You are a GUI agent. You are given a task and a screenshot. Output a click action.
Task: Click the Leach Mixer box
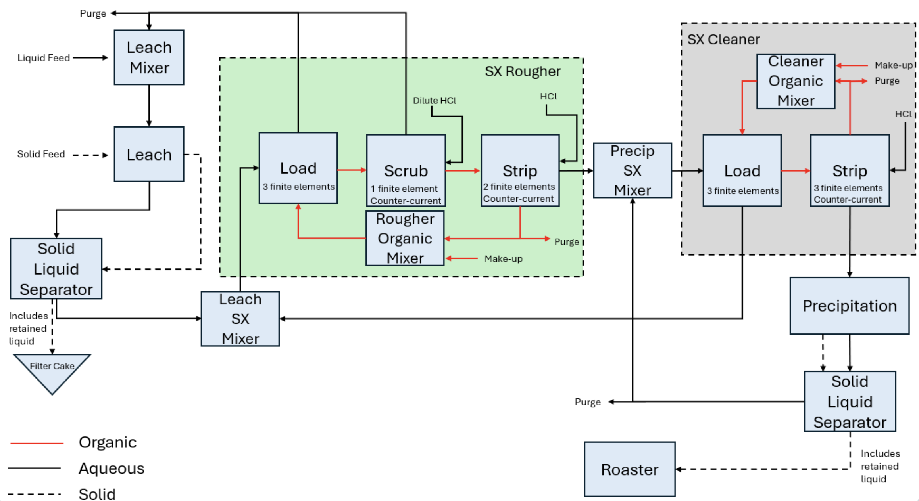click(149, 57)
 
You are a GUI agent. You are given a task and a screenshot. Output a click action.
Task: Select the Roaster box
click(629, 469)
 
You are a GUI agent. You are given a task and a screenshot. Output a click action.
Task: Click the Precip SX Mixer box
click(632, 170)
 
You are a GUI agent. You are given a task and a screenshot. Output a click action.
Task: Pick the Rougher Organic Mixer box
click(405, 238)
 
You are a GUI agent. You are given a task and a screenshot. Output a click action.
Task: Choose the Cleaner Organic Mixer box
click(796, 81)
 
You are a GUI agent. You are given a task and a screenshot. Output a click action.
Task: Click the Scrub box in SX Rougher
click(406, 170)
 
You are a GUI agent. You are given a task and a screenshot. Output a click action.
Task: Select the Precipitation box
click(849, 306)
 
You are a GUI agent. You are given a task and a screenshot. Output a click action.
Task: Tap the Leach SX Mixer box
click(240, 319)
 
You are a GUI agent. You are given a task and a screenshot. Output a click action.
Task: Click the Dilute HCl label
click(434, 101)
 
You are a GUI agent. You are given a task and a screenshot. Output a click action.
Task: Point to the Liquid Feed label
click(43, 58)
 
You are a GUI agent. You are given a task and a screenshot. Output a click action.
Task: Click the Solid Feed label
click(41, 154)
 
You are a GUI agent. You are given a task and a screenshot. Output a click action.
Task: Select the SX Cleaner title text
click(723, 40)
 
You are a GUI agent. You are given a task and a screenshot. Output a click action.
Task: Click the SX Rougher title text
click(522, 71)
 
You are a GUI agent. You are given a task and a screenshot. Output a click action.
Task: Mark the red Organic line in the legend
click(37, 443)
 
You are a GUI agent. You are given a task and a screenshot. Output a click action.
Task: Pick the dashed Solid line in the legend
click(34, 494)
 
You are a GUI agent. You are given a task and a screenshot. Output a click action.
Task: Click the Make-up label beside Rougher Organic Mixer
click(503, 259)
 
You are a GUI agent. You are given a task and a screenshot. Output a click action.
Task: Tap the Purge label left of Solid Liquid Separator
click(587, 402)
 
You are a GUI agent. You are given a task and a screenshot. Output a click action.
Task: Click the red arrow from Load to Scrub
click(352, 170)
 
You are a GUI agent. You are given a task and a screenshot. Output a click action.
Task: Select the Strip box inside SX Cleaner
click(849, 170)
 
